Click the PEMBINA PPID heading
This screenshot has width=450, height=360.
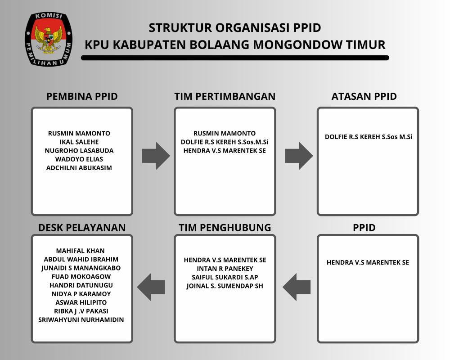click(x=82, y=96)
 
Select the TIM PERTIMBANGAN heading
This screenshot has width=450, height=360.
click(x=225, y=96)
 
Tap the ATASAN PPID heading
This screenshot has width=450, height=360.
click(x=364, y=96)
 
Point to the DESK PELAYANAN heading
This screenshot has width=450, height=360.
click(x=82, y=228)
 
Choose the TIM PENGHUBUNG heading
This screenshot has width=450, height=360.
click(x=225, y=228)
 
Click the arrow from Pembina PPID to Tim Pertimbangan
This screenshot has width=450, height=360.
click(x=156, y=156)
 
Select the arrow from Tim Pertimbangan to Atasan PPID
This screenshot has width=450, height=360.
click(x=299, y=156)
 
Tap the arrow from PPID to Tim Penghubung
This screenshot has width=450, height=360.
click(x=297, y=287)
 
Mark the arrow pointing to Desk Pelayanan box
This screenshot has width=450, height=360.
click(x=151, y=287)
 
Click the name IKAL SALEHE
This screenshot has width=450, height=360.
click(x=79, y=142)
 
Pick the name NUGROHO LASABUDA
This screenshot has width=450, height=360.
click(x=79, y=150)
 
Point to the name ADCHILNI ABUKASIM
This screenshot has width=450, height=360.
click(x=79, y=168)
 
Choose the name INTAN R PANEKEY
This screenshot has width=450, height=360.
click(x=225, y=269)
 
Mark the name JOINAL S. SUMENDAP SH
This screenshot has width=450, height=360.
click(x=225, y=286)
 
